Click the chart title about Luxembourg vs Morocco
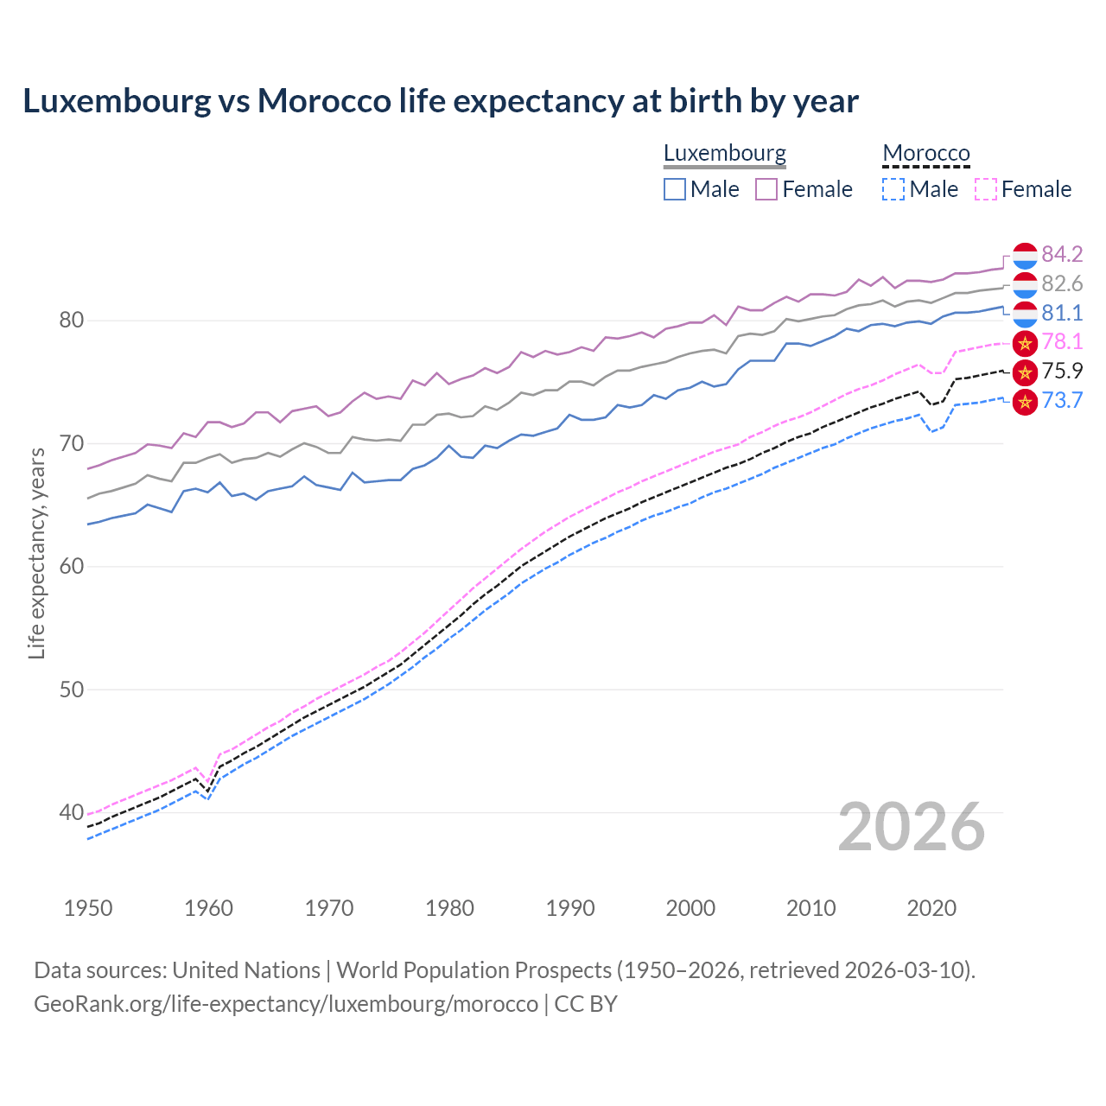(x=441, y=101)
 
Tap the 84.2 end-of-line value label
(x=1062, y=254)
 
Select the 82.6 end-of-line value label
(x=1062, y=283)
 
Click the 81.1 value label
(x=1062, y=313)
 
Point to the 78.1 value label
(x=1062, y=342)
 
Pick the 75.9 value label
(x=1062, y=372)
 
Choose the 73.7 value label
(x=1062, y=401)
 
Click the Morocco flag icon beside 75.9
(x=1025, y=372)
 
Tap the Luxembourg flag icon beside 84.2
(x=1025, y=255)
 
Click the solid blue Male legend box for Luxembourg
(x=675, y=189)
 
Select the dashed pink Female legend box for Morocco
(x=986, y=189)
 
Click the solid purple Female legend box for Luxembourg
(x=766, y=189)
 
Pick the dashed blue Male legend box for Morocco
(x=893, y=189)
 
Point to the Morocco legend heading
(x=926, y=154)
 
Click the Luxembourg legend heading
(x=725, y=154)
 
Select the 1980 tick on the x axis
(x=449, y=908)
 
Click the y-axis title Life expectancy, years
(x=36, y=553)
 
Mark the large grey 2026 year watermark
(x=912, y=827)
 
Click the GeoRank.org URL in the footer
(x=286, y=1004)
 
